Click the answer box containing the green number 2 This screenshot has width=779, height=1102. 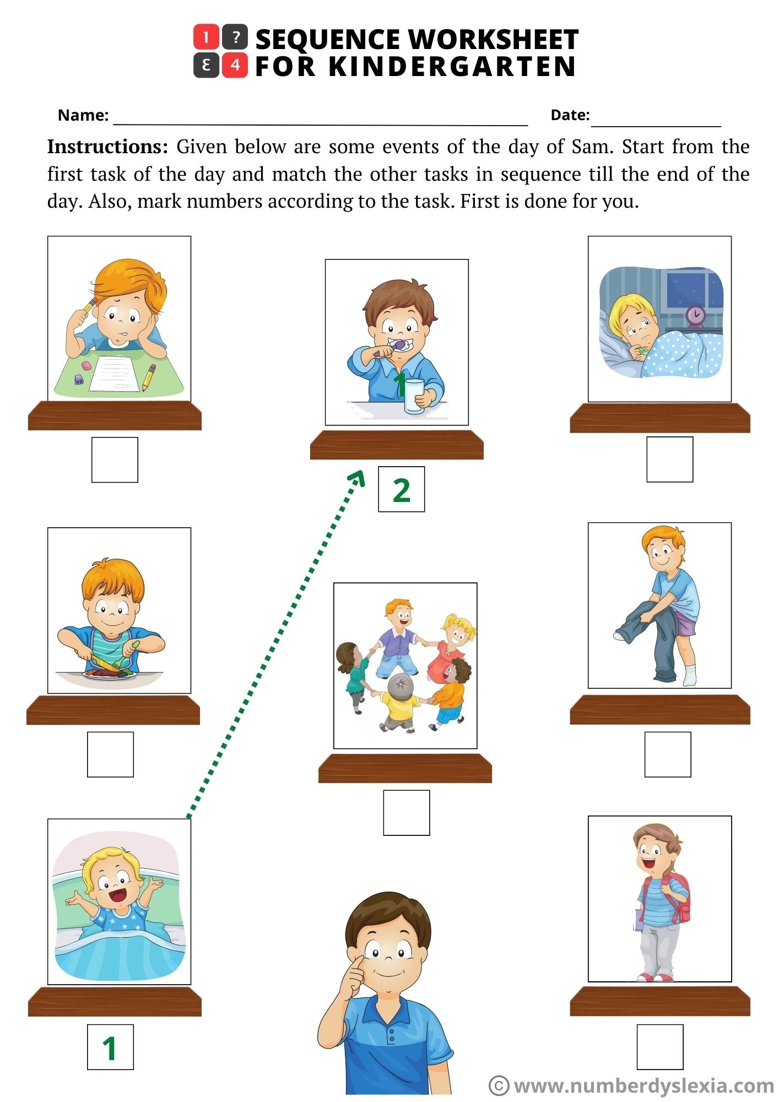click(x=401, y=489)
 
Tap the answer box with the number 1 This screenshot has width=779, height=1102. click(x=110, y=1047)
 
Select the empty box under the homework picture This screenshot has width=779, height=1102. click(x=115, y=460)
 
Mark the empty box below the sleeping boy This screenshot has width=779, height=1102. click(x=669, y=460)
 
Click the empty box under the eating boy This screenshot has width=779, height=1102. click(x=110, y=754)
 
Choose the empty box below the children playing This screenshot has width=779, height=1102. click(x=407, y=813)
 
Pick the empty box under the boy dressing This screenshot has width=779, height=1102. click(x=668, y=754)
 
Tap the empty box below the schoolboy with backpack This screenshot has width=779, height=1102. click(x=660, y=1047)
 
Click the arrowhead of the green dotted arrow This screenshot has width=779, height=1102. click(x=359, y=477)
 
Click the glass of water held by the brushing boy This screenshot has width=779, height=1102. click(x=413, y=396)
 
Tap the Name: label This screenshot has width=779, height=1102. click(x=83, y=115)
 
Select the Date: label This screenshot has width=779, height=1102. click(x=570, y=115)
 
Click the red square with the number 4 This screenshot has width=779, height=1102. click(x=235, y=66)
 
